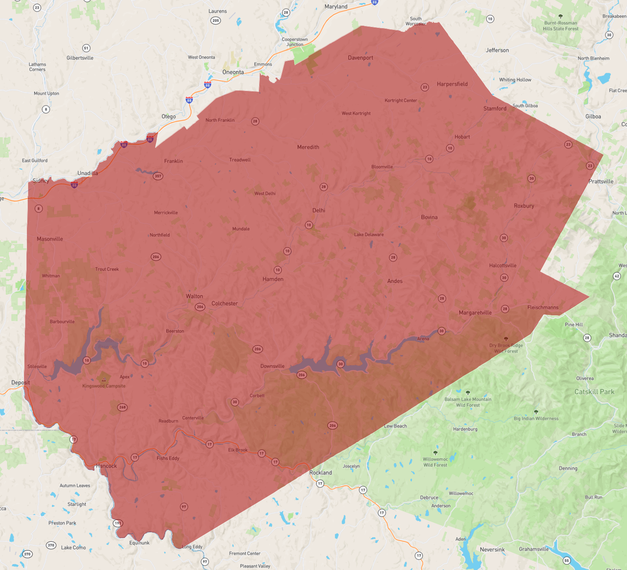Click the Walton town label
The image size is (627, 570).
tap(194, 296)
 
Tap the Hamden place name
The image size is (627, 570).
tap(273, 279)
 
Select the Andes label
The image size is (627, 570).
tap(395, 281)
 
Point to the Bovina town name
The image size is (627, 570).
tap(429, 217)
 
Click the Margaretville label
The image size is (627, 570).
tap(475, 313)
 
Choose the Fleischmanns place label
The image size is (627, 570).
tap(543, 307)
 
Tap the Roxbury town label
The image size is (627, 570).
tap(524, 206)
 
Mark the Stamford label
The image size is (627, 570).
tap(495, 109)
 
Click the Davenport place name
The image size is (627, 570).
tap(360, 58)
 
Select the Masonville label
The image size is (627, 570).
tap(50, 239)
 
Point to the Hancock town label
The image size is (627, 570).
tap(106, 466)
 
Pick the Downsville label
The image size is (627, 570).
tap(272, 366)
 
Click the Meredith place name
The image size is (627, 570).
tap(308, 147)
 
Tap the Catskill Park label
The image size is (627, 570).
tap(594, 392)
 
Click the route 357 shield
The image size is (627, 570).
tap(158, 176)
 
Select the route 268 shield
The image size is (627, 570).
tap(122, 407)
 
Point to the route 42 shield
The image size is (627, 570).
tap(617, 276)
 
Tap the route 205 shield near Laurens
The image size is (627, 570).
tap(215, 20)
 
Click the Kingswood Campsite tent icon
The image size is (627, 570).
tap(104, 379)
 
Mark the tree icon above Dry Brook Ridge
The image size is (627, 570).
tap(506, 339)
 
